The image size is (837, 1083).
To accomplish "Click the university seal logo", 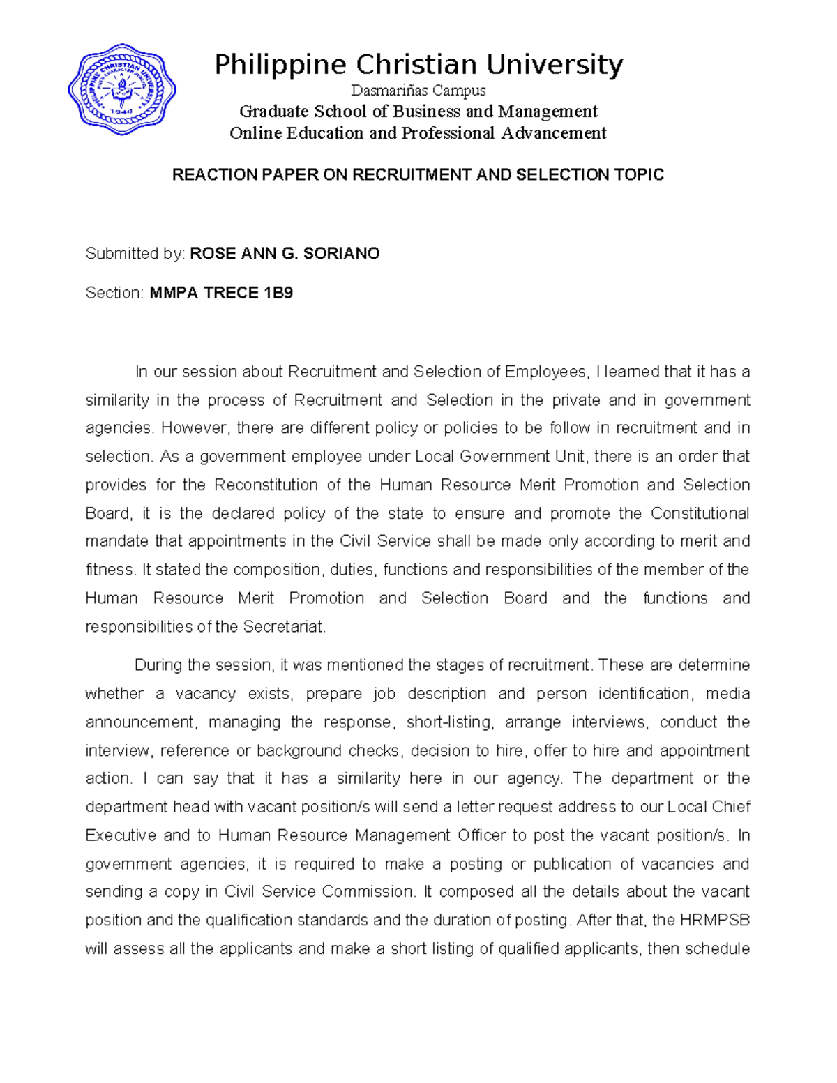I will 122,89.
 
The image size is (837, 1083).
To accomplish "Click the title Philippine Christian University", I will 418,65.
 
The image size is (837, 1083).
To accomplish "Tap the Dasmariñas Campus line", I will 418,91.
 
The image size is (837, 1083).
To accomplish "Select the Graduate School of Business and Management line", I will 418,112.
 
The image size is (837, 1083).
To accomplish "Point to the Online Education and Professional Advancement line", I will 418,133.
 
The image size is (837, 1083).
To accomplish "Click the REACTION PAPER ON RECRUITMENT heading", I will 418,175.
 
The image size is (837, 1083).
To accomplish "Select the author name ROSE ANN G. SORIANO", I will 285,254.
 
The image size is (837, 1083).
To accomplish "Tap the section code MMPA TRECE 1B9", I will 221,294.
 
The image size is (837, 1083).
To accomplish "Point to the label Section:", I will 114,294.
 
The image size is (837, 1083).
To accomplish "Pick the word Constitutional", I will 700,514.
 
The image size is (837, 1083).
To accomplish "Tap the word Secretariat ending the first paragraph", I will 284,628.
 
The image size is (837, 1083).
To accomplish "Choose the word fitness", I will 111,570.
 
